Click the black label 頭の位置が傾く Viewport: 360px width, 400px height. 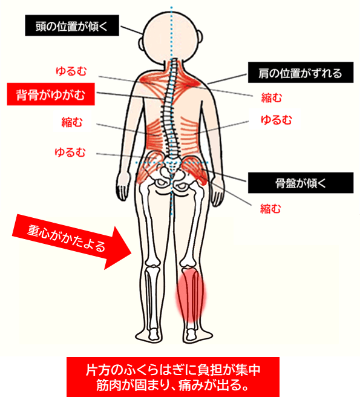coord(72,25)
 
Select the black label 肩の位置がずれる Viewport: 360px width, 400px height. coord(301,72)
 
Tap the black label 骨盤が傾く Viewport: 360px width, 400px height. coord(301,183)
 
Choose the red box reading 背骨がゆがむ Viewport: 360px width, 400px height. coord(51,94)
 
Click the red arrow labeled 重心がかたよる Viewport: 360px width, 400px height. coord(72,242)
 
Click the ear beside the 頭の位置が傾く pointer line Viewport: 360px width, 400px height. coord(141,45)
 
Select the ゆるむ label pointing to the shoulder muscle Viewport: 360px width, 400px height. coord(71,71)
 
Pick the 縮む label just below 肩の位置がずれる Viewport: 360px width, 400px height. coord(272,97)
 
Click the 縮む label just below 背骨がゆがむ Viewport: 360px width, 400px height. coord(72,122)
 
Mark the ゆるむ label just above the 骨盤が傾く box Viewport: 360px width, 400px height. coord(276,120)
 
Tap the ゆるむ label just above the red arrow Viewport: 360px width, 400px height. coord(70,152)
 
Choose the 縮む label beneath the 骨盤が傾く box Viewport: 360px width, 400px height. coord(270,209)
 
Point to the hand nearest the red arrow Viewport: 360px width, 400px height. coord(123,185)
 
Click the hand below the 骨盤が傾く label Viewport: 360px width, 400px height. coord(218,192)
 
